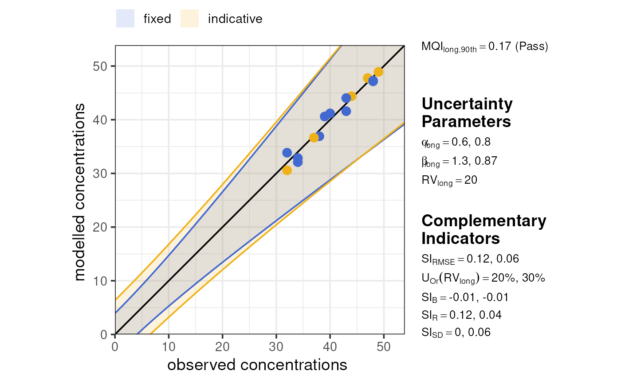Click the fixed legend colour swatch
[125, 19]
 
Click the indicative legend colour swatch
[189, 19]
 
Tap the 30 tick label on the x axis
[276, 346]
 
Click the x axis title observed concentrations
[257, 365]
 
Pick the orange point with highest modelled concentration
[378, 72]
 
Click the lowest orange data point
[287, 170]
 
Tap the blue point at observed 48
[373, 81]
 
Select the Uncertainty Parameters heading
[467, 112]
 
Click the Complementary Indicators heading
[483, 229]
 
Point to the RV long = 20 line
[449, 180]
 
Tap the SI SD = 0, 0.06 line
[456, 333]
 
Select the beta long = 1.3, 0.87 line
[459, 161]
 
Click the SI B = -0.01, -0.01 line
[465, 297]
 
